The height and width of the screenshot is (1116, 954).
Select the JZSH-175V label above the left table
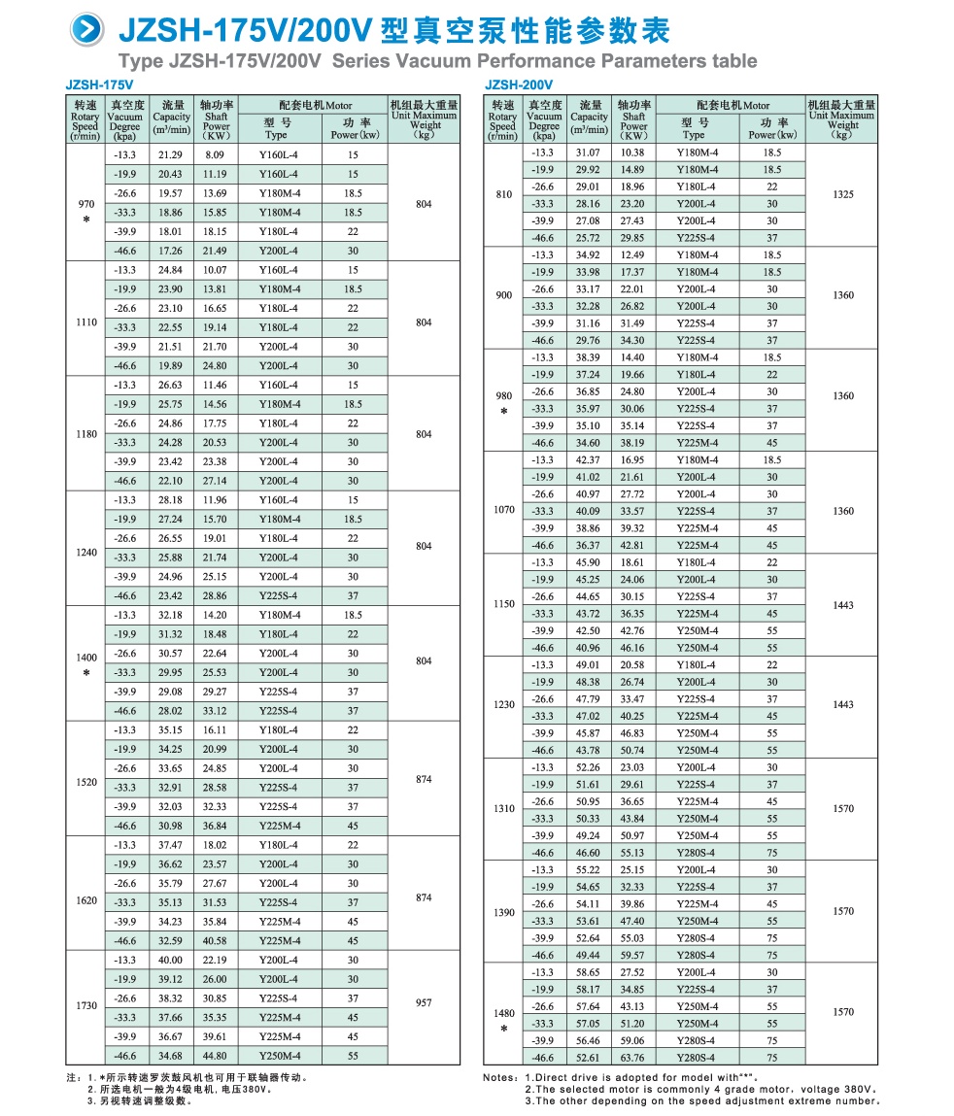click(x=99, y=85)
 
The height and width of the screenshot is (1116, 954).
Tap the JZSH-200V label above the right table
click(x=518, y=85)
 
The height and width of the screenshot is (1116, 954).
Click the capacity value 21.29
click(x=170, y=155)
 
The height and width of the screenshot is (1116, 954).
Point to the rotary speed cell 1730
click(x=85, y=1006)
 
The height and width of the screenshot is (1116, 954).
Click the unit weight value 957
click(x=424, y=1003)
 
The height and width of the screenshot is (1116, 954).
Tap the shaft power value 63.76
click(x=632, y=1058)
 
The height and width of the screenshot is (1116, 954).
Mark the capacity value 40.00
click(x=170, y=961)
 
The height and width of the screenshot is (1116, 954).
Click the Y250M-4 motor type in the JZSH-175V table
click(x=279, y=1056)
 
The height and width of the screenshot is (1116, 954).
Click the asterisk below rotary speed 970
click(x=85, y=220)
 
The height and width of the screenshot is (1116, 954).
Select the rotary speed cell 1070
click(x=503, y=510)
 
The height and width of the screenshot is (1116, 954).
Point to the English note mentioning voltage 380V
click(x=699, y=1089)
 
